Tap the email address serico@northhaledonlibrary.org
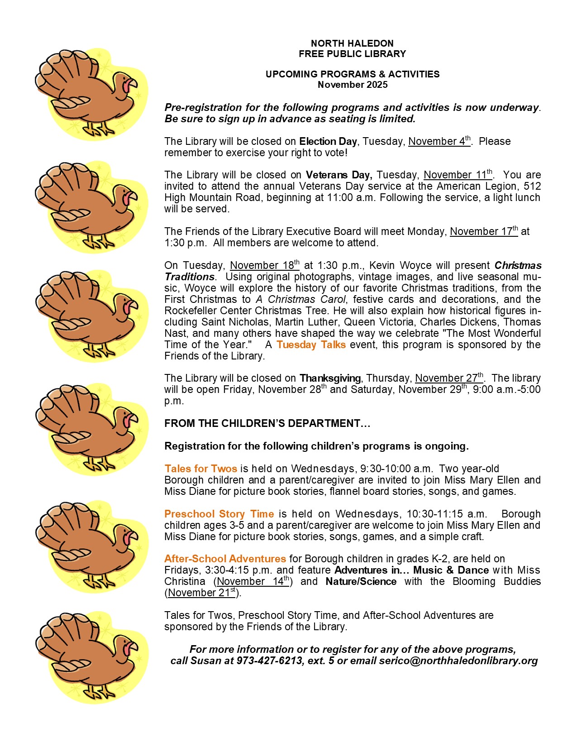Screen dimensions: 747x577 tap(458, 661)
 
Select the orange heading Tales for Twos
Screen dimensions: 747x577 tap(200, 469)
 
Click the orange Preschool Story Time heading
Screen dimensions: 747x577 tap(219, 514)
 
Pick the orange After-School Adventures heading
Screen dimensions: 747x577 tap(225, 559)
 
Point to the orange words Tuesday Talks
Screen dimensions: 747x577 tap(311, 345)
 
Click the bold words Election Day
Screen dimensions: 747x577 tap(328, 142)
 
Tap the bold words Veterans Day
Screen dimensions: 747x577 tap(339, 175)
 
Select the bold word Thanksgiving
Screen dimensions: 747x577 tap(330, 378)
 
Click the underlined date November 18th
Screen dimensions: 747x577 tap(264, 265)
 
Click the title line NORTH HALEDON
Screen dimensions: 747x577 tap(352, 43)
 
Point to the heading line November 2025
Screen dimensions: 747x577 tap(352, 85)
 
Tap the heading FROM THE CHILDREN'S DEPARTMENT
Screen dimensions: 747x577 tap(267, 423)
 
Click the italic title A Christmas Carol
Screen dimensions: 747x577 tap(300, 299)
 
